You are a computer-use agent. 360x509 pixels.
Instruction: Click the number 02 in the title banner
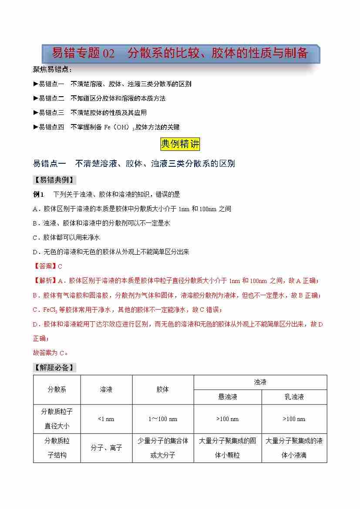[108, 54]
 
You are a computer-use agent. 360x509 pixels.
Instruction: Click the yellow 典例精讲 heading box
[180, 144]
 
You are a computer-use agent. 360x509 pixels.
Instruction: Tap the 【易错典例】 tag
[54, 180]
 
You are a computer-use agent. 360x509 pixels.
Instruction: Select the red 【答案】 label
[45, 266]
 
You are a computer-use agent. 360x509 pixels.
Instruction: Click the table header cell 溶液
[106, 390]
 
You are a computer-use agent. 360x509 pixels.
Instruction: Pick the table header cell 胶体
[163, 390]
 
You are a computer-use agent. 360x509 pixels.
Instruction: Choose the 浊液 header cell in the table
[260, 382]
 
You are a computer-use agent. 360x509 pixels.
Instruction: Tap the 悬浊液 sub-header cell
[228, 397]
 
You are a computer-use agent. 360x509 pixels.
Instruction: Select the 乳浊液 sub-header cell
[294, 397]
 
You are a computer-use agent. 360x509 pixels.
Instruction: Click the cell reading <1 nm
[106, 419]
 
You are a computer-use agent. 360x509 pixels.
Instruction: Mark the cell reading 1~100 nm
[163, 419]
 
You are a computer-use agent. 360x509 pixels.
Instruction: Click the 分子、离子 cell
[106, 448]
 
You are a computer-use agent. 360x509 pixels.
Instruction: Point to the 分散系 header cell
[57, 390]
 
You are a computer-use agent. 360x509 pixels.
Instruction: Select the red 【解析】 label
[45, 280]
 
